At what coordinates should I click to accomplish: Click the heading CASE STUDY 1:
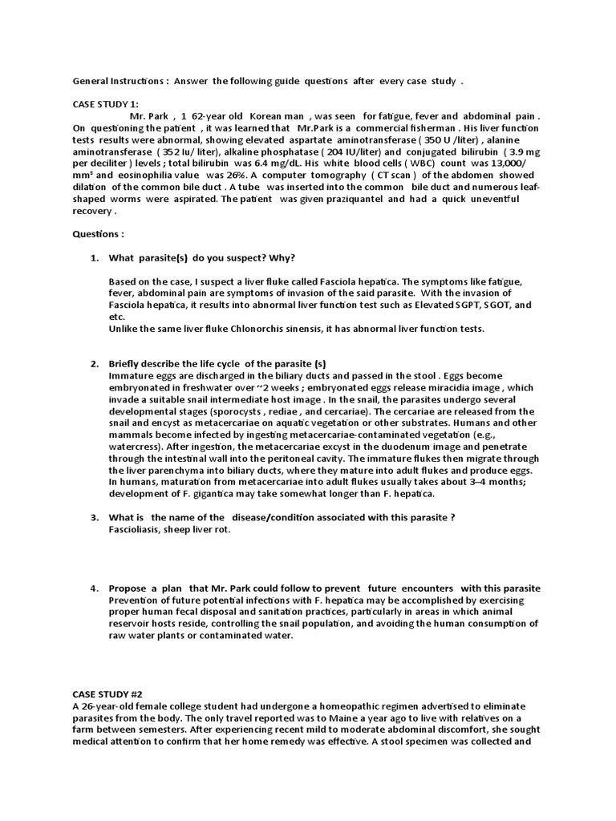click(x=107, y=103)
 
